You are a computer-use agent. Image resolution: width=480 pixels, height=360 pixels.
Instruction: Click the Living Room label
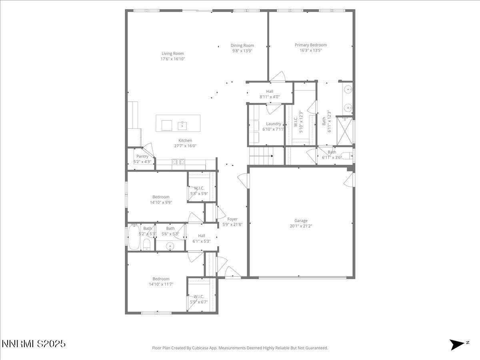pos(173,54)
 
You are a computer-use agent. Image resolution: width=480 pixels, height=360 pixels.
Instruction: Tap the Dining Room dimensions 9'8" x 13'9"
pos(242,51)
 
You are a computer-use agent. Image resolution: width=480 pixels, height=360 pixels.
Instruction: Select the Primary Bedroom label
pos(311,45)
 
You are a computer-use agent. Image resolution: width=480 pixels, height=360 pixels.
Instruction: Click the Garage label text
pos(301,220)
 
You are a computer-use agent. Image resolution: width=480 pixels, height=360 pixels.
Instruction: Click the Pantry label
pos(142,156)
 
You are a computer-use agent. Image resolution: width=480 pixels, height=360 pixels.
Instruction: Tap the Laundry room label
pos(274,124)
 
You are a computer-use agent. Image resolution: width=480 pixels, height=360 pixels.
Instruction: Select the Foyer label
pos(232,219)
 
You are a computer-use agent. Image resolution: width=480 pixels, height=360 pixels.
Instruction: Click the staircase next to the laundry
pos(261,155)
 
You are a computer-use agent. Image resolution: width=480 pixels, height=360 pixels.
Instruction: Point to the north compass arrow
pos(457,344)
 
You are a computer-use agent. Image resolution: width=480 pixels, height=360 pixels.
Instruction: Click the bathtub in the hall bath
pos(133,237)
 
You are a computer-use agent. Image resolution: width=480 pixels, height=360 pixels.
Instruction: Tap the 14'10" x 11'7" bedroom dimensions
pos(161,284)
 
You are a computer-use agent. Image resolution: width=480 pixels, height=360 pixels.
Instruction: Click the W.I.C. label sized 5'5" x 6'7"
pos(199,296)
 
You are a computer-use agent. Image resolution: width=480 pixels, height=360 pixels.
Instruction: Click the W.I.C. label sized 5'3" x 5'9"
pos(199,188)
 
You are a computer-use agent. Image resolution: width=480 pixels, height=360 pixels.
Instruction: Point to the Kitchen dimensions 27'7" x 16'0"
pos(185,146)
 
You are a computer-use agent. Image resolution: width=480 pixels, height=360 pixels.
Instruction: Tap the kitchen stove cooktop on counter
pos(178,162)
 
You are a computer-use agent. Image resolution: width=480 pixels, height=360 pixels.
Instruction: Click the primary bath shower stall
pos(345,130)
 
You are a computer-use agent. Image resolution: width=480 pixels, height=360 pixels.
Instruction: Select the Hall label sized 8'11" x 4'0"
pos(270,92)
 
